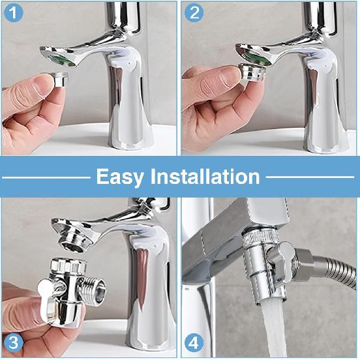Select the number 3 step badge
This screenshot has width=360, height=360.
14,342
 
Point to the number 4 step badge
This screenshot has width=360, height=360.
194,342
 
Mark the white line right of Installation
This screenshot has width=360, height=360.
309,177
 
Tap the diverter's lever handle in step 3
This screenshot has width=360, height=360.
49,288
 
